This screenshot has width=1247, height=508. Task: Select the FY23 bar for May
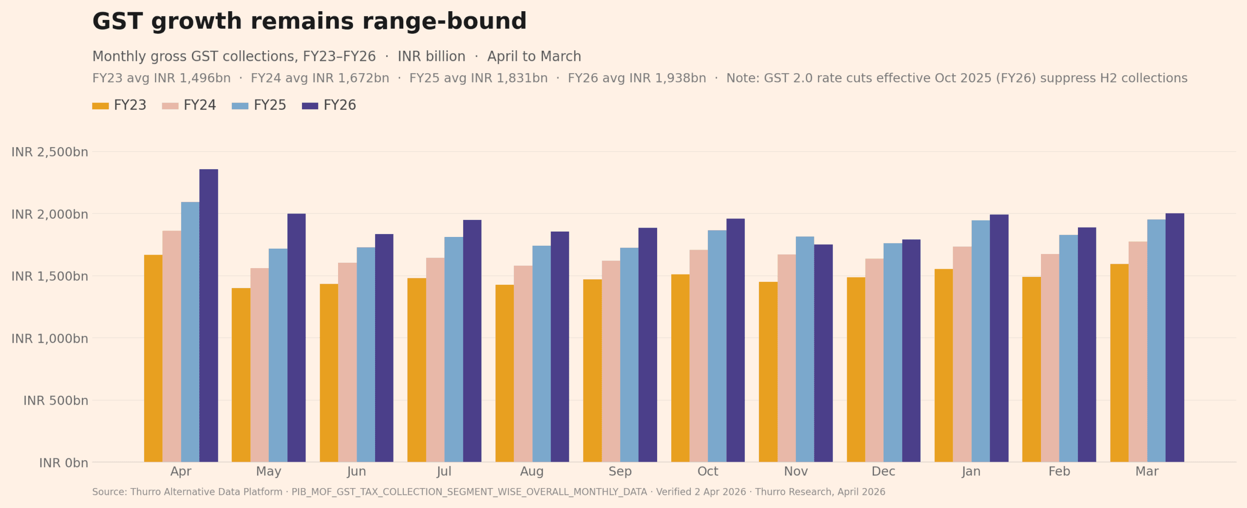pyautogui.click(x=241, y=375)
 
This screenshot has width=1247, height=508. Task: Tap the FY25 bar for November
pyautogui.click(x=805, y=349)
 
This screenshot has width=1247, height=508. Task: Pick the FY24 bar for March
pyautogui.click(x=1137, y=352)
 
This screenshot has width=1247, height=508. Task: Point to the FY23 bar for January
pyautogui.click(x=944, y=365)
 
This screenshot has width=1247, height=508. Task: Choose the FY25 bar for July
pyautogui.click(x=453, y=349)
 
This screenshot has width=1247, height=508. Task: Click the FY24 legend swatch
pyautogui.click(x=170, y=106)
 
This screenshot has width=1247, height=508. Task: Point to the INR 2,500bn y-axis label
pyautogui.click(x=50, y=152)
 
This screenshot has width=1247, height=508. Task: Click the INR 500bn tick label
pyautogui.click(x=56, y=401)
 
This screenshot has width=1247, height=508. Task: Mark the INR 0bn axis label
pyautogui.click(x=63, y=463)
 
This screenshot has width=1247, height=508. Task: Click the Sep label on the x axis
pyautogui.click(x=620, y=471)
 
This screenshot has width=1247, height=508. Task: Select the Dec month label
pyautogui.click(x=883, y=471)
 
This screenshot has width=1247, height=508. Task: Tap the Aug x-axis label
pyautogui.click(x=531, y=471)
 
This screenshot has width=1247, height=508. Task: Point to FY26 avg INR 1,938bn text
pyautogui.click(x=637, y=78)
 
